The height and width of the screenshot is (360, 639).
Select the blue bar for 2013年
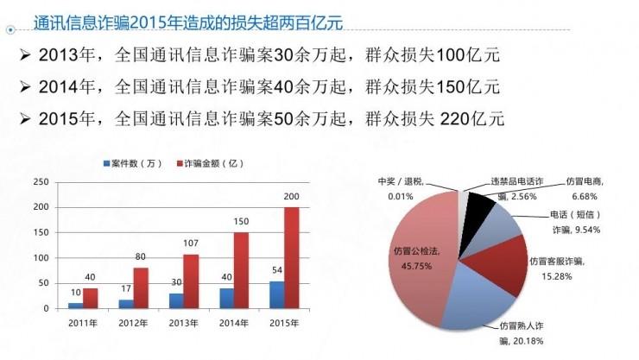[176, 300]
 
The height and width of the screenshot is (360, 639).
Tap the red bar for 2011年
[91, 298]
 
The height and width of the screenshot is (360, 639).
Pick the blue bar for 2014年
[226, 298]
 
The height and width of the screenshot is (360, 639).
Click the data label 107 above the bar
[190, 244]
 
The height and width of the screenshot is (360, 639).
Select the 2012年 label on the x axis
[134, 322]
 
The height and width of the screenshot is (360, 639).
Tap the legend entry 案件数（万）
[132, 163]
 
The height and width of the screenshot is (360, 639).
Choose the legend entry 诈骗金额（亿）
[207, 163]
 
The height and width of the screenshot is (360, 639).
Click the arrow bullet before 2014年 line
[25, 86]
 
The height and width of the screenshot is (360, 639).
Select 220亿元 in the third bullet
[472, 117]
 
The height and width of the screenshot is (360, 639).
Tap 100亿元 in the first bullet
[469, 57]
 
